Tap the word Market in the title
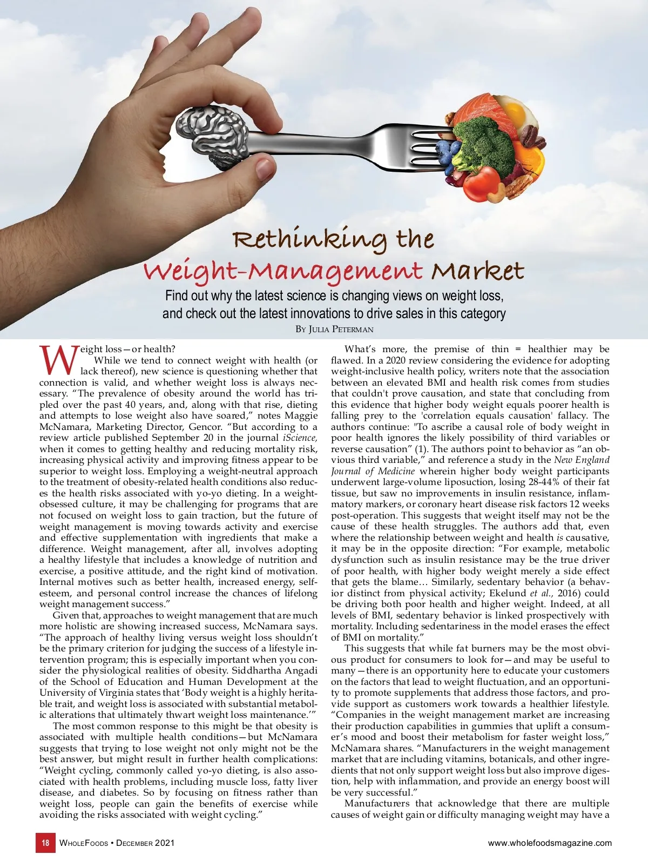point(477,270)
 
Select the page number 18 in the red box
point(45,843)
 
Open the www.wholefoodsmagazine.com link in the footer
point(550,843)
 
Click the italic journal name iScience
point(300,438)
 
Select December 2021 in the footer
point(145,843)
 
